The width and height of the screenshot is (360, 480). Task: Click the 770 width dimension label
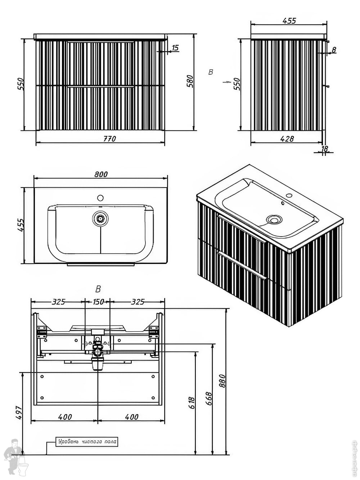click(109, 139)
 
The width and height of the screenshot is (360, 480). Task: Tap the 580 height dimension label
click(190, 81)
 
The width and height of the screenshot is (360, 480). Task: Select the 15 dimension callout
click(175, 48)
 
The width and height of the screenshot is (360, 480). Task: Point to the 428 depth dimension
click(287, 139)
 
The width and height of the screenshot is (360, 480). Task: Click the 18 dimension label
click(324, 148)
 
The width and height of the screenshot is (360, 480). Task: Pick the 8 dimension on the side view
click(334, 50)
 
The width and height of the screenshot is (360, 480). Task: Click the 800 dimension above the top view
click(101, 174)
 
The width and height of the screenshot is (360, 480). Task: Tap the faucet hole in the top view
click(100, 198)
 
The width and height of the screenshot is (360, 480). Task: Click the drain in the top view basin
click(100, 218)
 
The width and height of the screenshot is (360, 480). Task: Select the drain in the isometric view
click(274, 219)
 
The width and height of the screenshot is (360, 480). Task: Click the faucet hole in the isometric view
click(289, 196)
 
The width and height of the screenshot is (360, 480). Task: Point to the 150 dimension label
click(98, 302)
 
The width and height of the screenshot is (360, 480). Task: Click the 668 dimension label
click(209, 399)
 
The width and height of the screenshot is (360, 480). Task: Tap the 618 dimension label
click(192, 402)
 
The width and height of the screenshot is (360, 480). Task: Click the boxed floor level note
click(87, 442)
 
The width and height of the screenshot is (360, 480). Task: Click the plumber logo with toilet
click(16, 457)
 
